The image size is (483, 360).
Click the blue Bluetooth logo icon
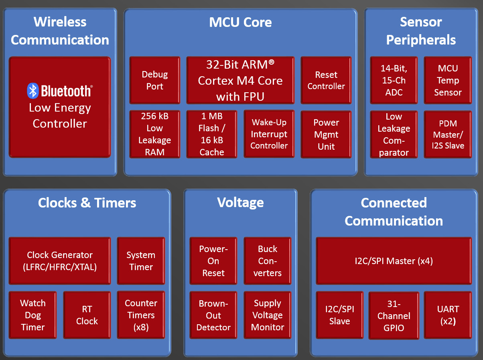33,91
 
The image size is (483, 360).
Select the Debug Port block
155,80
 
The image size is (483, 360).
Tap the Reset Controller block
326,80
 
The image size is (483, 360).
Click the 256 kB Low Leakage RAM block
155,134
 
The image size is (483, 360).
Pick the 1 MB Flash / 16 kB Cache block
212,134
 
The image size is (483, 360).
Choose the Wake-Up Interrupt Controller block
269,134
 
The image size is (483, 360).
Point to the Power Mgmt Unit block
326,134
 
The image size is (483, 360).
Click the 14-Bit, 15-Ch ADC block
394,80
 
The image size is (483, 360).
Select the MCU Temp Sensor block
448,80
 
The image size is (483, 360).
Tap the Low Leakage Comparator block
394,134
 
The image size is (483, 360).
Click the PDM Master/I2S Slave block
448,134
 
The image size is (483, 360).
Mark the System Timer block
141,261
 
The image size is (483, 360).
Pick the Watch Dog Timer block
32,315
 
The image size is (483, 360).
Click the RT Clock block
87,315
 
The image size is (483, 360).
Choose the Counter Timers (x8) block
141,315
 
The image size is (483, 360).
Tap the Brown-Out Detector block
213,315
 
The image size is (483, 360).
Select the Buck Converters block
268,261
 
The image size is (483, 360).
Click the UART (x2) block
448,315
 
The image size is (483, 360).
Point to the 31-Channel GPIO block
394,315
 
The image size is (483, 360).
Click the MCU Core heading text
240,22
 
